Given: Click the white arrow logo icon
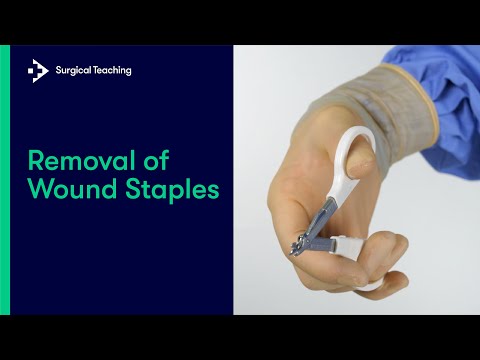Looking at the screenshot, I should pyautogui.click(x=38, y=70).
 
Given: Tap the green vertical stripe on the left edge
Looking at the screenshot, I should pyautogui.click(x=5, y=180).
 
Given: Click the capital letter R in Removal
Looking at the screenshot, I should pyautogui.click(x=34, y=161).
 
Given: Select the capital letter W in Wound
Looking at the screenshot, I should pyautogui.click(x=38, y=189).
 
